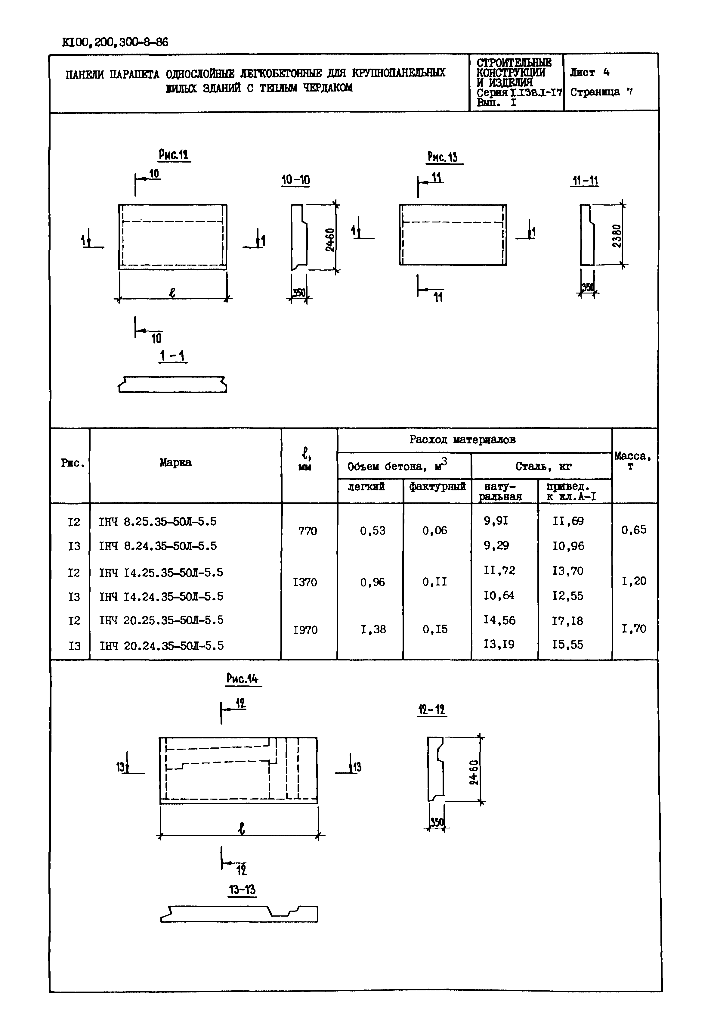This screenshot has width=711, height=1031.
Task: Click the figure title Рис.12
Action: click(x=174, y=155)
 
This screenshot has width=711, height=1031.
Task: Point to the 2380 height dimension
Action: click(x=617, y=236)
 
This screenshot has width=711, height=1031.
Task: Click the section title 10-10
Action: click(x=295, y=180)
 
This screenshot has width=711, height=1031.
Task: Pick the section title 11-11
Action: click(x=585, y=181)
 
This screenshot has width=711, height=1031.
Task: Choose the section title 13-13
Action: click(x=242, y=890)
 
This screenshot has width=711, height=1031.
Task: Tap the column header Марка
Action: click(x=175, y=462)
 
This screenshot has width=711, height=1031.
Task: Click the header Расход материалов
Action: click(x=462, y=440)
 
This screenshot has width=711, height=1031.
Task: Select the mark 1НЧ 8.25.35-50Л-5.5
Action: click(x=158, y=522)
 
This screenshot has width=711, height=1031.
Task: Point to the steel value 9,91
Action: click(x=496, y=520)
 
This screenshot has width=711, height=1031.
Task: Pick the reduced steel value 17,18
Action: click(x=567, y=621)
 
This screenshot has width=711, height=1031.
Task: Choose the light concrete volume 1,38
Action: click(x=373, y=629)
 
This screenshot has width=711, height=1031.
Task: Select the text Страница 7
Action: click(x=601, y=92)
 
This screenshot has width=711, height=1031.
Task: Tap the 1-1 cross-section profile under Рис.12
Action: click(x=173, y=384)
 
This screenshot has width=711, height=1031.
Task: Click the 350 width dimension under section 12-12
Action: click(x=437, y=822)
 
